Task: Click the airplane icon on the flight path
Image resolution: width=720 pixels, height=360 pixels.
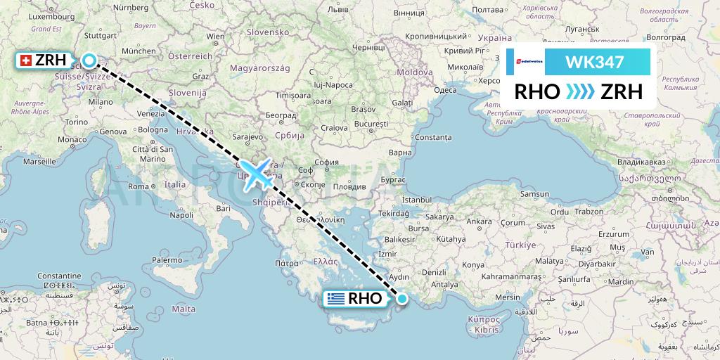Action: pos(257,174)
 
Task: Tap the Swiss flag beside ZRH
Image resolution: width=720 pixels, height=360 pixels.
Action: pos(25,62)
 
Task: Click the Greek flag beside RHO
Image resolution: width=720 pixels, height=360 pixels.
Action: pos(336,299)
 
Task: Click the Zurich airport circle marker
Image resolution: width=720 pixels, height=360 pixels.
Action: pos(89,61)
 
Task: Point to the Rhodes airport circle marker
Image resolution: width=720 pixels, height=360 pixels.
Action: pos(401,299)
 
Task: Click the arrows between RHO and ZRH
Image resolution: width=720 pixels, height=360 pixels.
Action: pos(579,92)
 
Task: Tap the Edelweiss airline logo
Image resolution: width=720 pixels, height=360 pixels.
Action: pos(526,62)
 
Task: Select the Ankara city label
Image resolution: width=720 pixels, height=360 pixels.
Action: pos(480,221)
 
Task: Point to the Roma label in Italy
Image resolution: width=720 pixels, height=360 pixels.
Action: pos(139,186)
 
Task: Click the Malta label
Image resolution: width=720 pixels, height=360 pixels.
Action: pos(184,309)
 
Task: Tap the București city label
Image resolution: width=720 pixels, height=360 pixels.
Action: pos(371,124)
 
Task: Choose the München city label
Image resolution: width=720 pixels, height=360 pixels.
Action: pos(138,51)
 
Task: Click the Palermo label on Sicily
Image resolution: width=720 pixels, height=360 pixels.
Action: pos(167,259)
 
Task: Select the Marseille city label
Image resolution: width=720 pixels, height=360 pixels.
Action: pos(39,161)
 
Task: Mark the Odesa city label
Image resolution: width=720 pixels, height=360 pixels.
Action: pos(445,90)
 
